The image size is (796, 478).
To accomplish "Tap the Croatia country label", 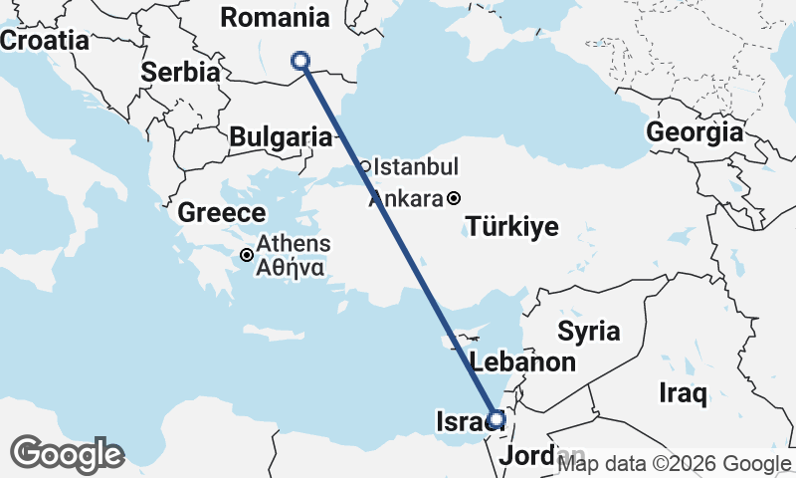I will (44, 41).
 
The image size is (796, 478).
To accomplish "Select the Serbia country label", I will (180, 72).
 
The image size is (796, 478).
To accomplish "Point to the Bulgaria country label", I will (280, 137).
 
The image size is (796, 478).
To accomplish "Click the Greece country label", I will (221, 212).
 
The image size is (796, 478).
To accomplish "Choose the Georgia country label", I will (695, 131).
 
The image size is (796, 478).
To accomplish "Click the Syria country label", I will (588, 331).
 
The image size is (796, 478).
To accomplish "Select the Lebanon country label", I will (522, 361).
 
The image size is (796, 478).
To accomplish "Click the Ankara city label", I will (405, 199).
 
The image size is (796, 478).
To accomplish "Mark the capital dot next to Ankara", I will (454, 198).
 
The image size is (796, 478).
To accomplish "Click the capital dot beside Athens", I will (247, 255).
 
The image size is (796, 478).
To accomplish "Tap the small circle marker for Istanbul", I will (365, 166).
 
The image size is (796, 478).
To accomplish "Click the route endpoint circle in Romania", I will (300, 62).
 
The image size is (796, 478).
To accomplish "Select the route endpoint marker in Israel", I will (497, 419).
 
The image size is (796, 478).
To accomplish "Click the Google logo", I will (68, 454).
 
